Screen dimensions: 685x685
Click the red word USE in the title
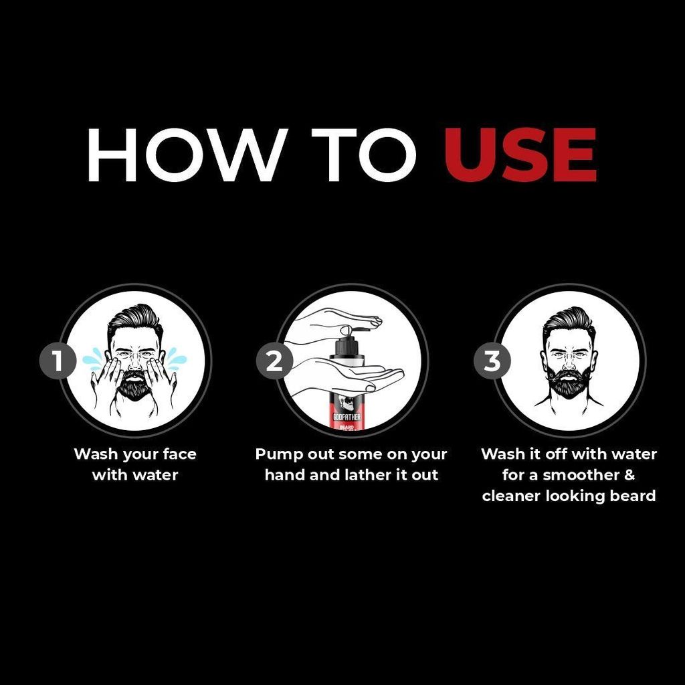pos(520,156)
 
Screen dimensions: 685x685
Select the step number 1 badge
pos(58,361)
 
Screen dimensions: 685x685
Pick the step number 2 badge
pos(274,361)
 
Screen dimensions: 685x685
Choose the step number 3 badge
pos(492,361)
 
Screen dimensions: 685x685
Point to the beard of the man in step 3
pos(569,383)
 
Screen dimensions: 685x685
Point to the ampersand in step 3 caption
pos(629,476)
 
